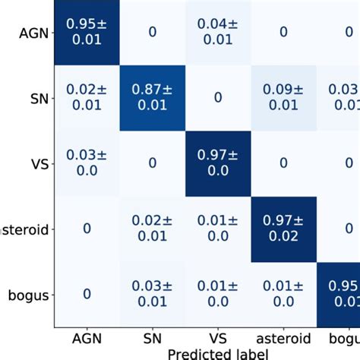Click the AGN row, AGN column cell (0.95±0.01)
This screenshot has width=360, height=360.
click(x=86, y=33)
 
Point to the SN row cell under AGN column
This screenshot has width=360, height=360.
click(x=86, y=97)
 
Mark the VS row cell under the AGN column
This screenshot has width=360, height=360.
click(x=86, y=163)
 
